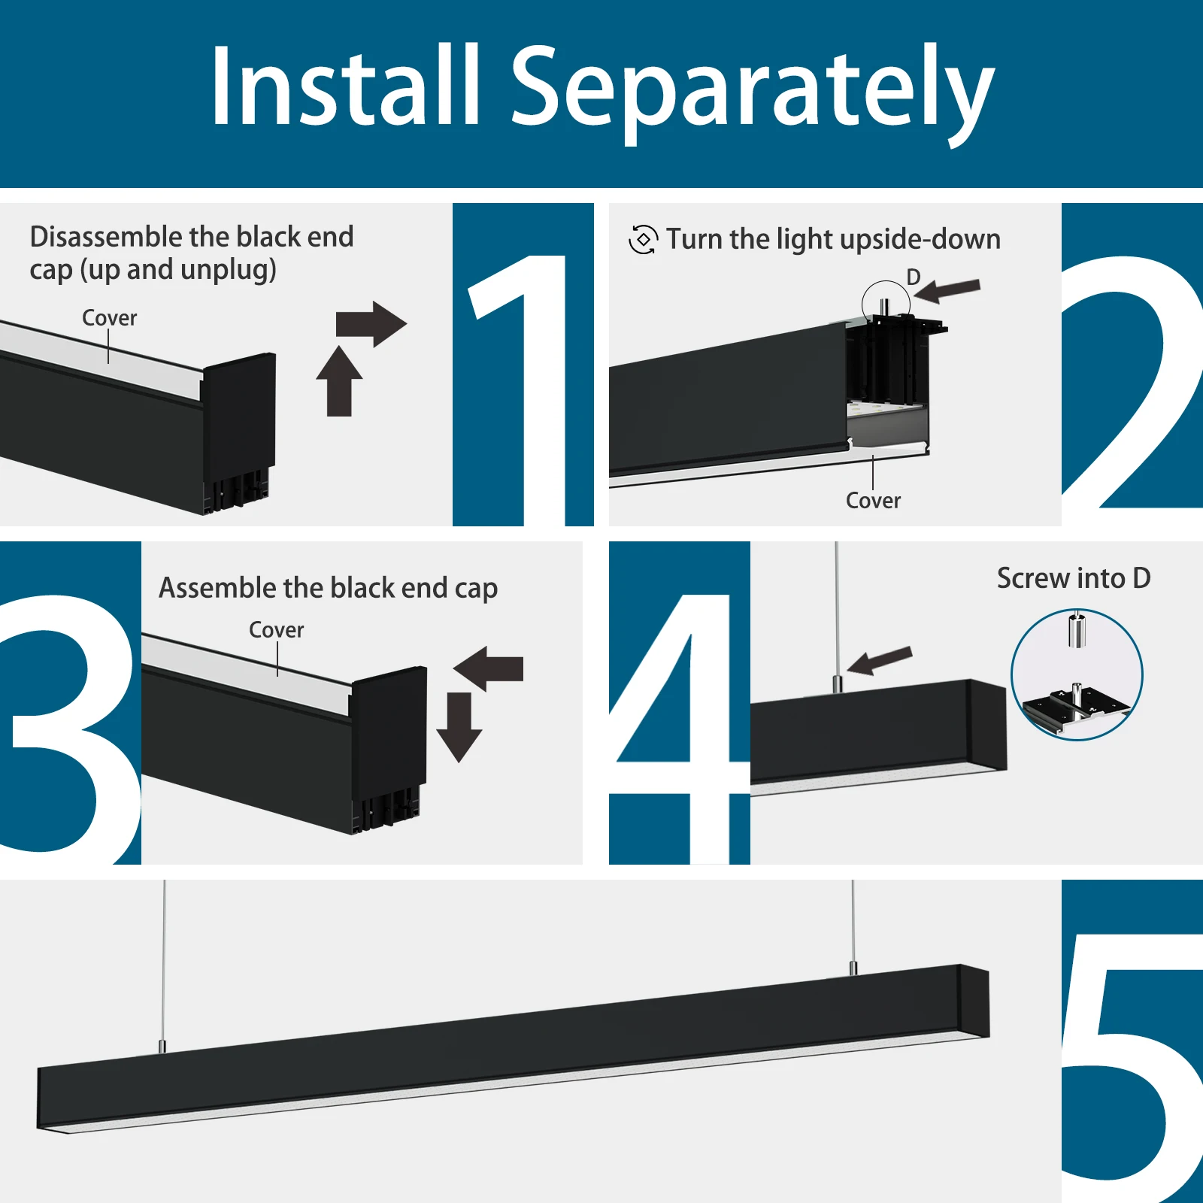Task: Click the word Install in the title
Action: coord(344,86)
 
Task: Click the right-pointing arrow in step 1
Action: coord(371,324)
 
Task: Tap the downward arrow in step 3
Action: coord(459,726)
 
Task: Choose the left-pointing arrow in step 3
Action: coord(489,668)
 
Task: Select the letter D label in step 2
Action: coord(913,277)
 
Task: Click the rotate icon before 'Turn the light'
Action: coord(643,240)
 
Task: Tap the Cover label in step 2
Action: coord(873,501)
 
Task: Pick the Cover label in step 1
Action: coord(110,318)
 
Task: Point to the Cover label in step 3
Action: coord(277,630)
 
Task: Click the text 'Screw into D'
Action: coord(1073,578)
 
